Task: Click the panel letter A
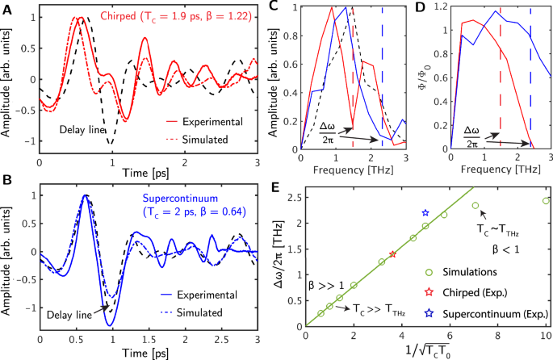tap(6, 7)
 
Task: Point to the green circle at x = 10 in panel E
tap(546, 201)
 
